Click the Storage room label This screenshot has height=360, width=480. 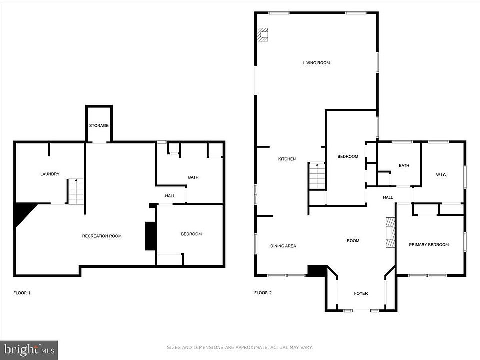click(99, 126)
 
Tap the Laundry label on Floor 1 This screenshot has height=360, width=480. click(50, 174)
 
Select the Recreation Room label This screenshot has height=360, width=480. click(102, 236)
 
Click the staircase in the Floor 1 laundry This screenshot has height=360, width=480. click(75, 191)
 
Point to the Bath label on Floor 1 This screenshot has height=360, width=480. click(193, 177)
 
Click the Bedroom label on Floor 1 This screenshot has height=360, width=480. click(191, 234)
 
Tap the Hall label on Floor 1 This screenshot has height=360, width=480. click(170, 196)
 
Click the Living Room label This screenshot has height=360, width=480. click(317, 63)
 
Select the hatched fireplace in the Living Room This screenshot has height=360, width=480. click(262, 34)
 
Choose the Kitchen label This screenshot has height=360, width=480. click(287, 159)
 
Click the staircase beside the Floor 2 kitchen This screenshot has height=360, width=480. click(317, 176)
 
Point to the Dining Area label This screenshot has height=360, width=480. click(283, 246)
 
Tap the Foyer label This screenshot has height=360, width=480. click(361, 293)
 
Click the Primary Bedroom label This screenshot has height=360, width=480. click(429, 245)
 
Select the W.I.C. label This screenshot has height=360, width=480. click(441, 175)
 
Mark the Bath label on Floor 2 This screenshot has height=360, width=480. click(404, 165)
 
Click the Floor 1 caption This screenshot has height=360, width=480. click(22, 293)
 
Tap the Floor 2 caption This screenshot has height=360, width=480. click(263, 293)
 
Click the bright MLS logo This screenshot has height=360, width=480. click(29, 350)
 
